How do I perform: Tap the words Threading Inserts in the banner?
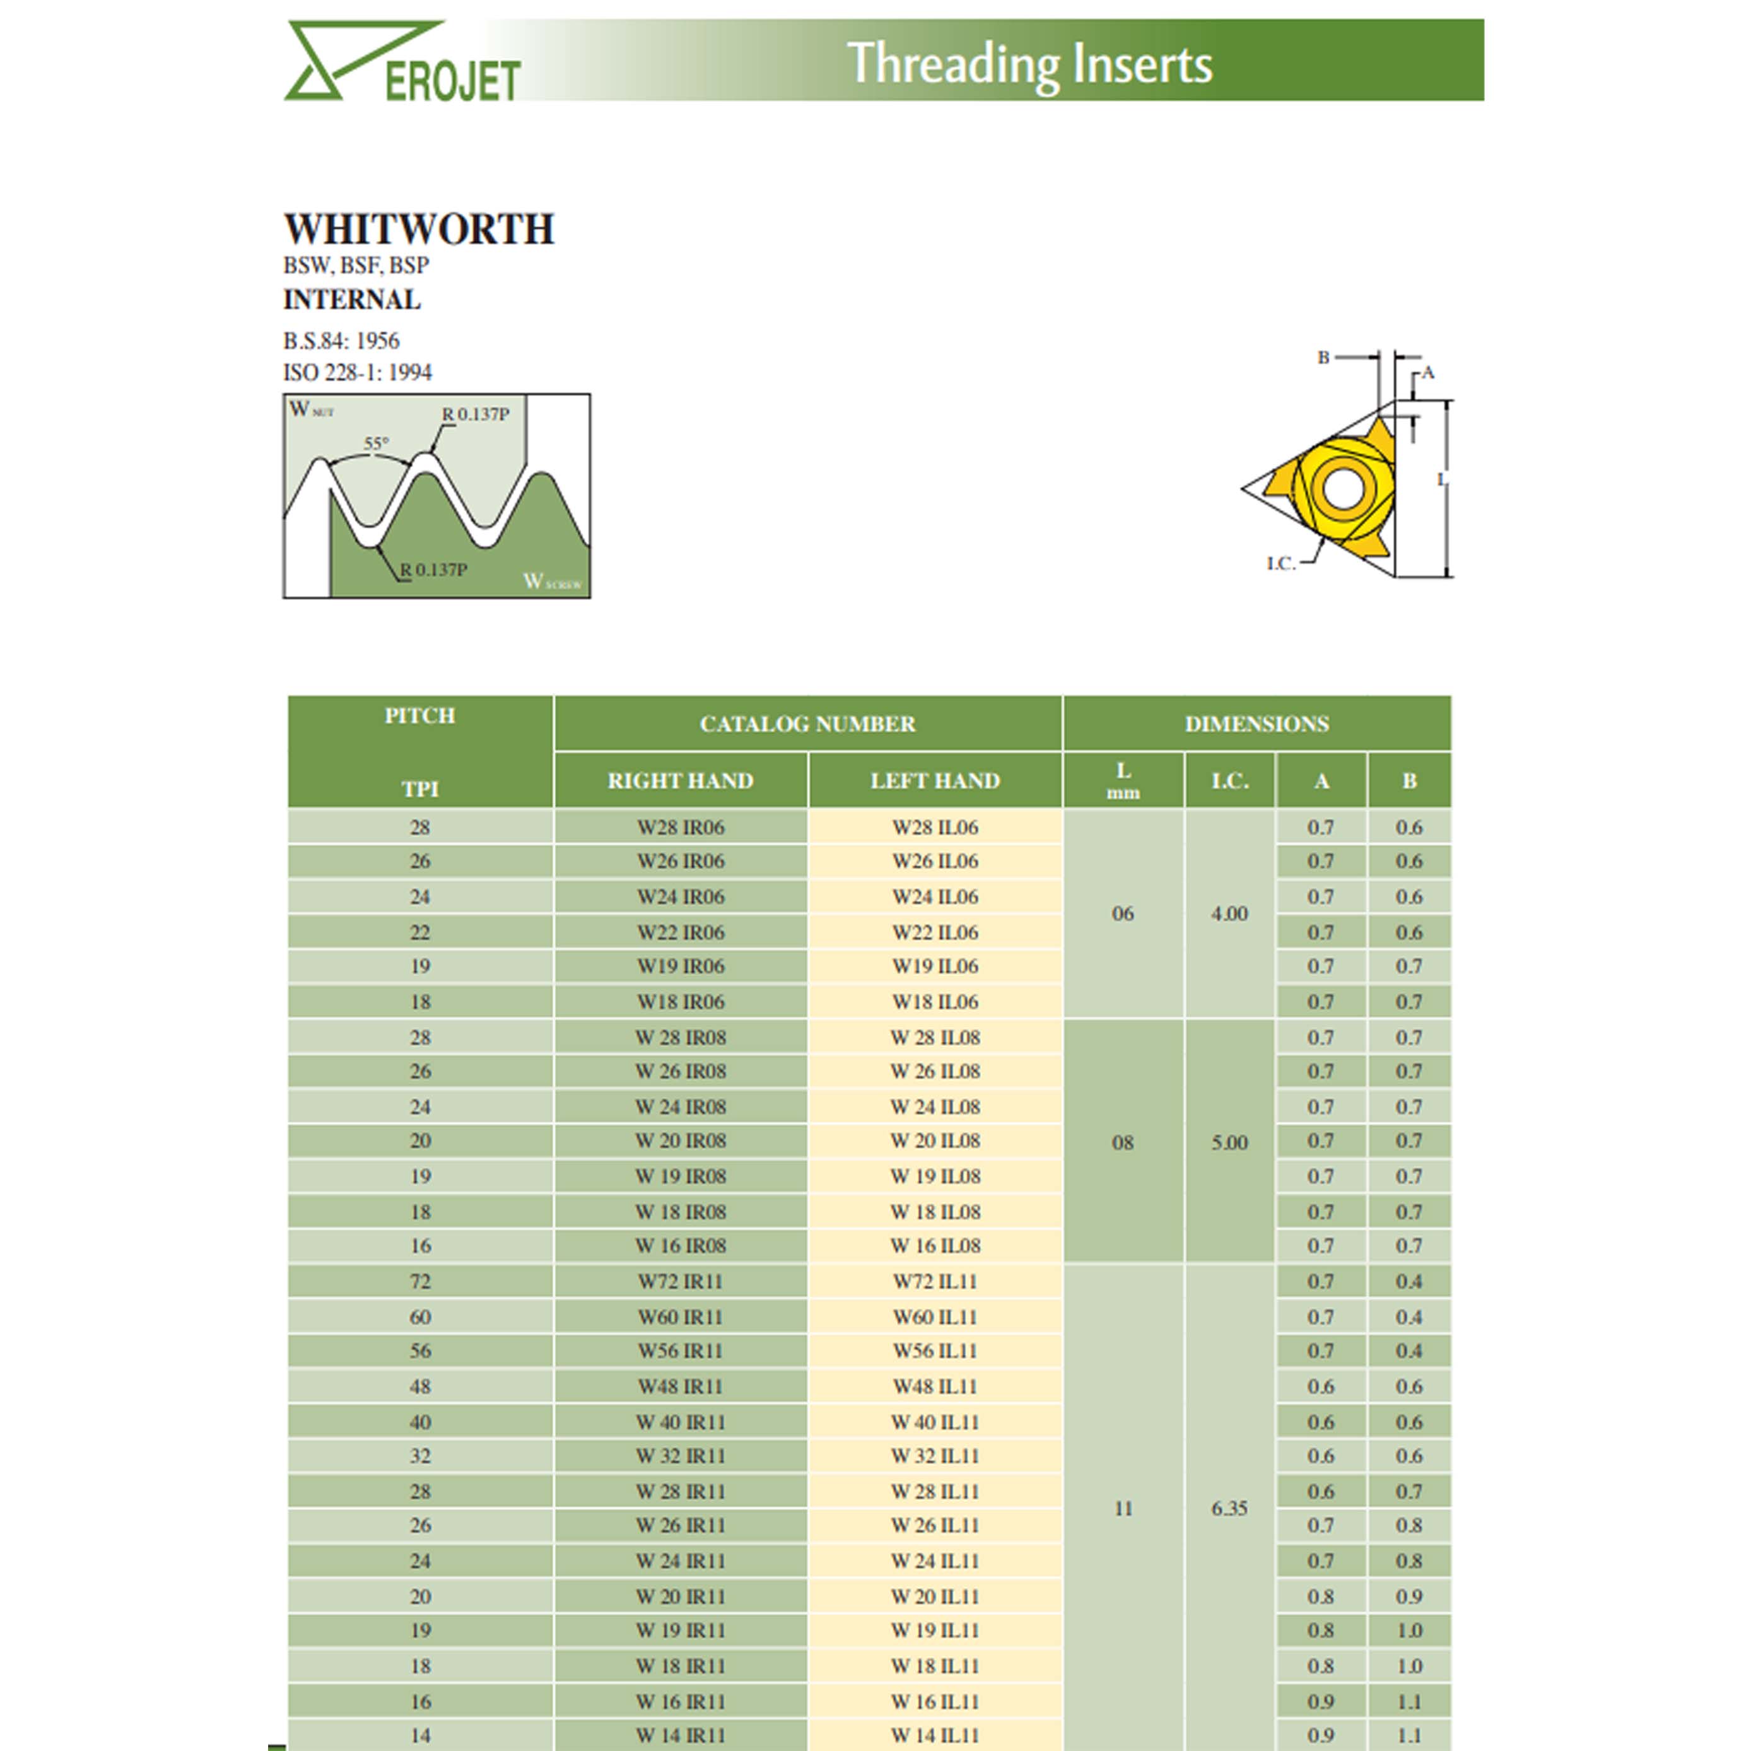pos(1029,64)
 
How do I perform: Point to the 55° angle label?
pos(376,443)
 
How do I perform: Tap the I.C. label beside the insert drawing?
pos(1280,564)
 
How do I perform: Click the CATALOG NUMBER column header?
pos(807,724)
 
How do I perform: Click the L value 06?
pos(1122,913)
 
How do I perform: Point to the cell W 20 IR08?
pos(681,1140)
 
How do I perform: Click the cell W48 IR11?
pos(681,1386)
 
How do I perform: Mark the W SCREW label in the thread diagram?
pos(552,581)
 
